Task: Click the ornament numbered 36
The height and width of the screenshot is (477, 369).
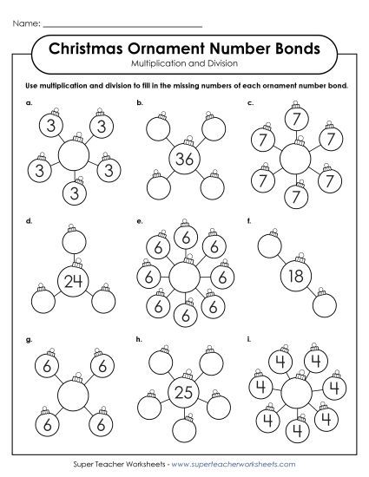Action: pos(183,159)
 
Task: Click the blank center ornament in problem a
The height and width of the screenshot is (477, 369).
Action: pos(73,156)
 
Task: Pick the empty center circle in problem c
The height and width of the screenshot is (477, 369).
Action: pos(294,158)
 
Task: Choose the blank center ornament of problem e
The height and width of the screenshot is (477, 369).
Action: pos(183,278)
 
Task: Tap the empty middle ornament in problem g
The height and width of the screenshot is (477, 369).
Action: pos(73,395)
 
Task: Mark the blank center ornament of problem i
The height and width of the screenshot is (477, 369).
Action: pos(294,394)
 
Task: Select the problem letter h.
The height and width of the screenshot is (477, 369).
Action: pos(139,341)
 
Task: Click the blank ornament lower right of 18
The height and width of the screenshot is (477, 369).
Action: pos(326,306)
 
